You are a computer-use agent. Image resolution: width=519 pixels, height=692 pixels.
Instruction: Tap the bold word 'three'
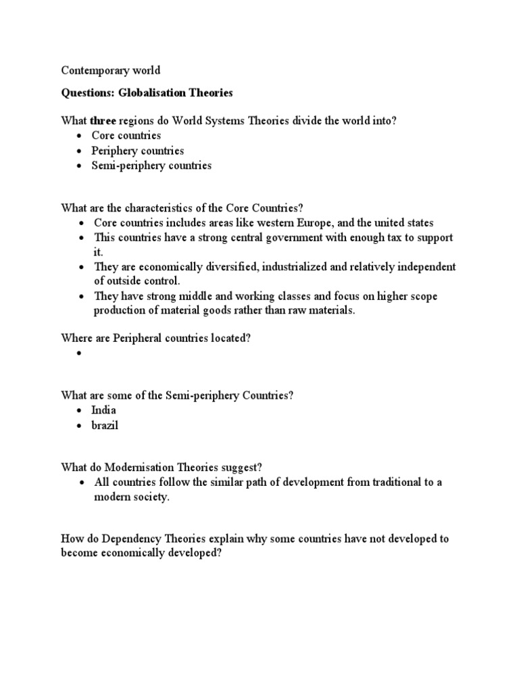[104, 120]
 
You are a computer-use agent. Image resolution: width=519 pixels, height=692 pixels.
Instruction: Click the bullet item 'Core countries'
[126, 136]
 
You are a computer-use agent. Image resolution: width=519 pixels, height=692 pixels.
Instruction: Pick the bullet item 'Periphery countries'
[137, 151]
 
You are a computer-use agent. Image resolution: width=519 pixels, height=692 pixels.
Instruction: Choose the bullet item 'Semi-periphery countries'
[151, 166]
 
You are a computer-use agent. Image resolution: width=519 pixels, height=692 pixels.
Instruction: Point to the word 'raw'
[291, 310]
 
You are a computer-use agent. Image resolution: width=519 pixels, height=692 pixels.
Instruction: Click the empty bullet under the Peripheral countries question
[80, 353]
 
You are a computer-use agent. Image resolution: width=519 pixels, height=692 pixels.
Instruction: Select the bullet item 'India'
[105, 410]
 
